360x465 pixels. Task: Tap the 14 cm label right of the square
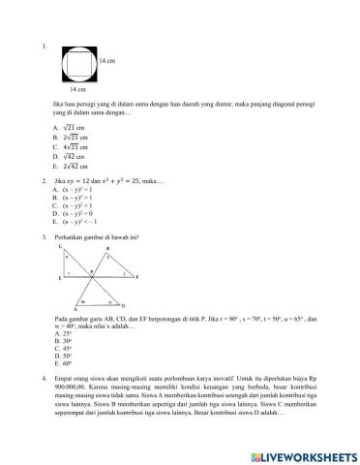point(107,60)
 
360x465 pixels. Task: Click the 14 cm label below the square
point(78,89)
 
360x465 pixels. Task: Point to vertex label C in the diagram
point(61,248)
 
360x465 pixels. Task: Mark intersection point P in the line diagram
point(93,272)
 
